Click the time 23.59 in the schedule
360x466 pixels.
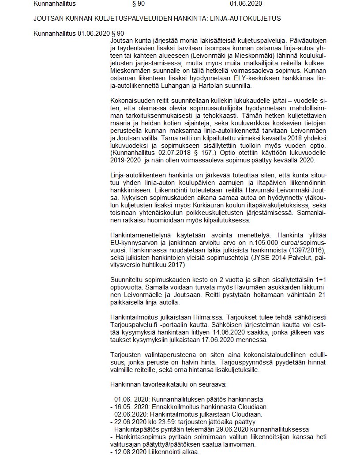(169, 421)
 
